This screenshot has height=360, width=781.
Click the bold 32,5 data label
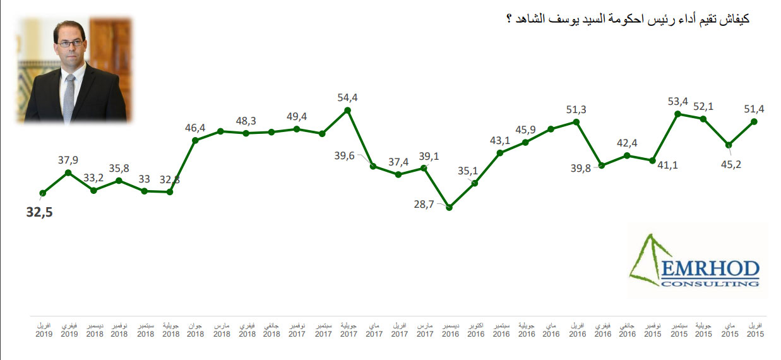39,213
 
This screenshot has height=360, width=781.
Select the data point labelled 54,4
347,110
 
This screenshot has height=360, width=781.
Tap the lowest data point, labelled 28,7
449,207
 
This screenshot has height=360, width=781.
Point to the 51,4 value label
754,109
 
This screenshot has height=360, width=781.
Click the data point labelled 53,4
677,114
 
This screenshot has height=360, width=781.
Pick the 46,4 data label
195,128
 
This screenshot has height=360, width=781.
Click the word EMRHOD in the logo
710,269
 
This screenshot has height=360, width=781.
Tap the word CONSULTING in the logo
710,284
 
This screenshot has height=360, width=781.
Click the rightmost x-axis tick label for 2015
754,330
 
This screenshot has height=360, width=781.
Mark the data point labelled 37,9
68,172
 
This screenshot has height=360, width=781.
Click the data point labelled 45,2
729,144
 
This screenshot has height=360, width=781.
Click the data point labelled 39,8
602,165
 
